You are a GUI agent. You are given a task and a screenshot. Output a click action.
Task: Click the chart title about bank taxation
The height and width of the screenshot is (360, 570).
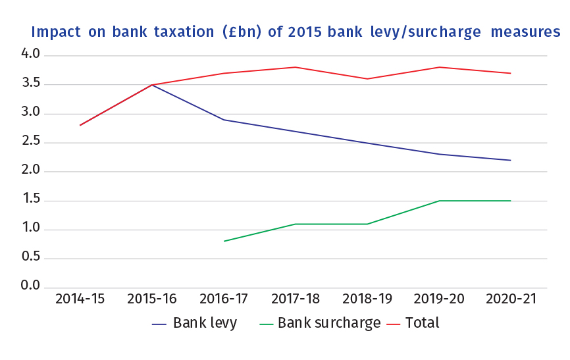tap(296, 32)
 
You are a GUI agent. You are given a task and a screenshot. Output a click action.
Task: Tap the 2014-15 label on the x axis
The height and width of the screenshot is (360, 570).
tap(80, 299)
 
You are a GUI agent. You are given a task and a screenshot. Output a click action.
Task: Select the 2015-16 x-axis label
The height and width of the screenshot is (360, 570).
tap(152, 299)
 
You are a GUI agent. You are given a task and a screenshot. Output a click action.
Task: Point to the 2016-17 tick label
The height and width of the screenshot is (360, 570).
tap(224, 299)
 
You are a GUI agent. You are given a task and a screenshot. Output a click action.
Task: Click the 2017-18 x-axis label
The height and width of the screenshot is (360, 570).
tap(296, 299)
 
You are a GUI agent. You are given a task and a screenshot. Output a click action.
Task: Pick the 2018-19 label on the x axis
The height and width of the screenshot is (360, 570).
tap(367, 299)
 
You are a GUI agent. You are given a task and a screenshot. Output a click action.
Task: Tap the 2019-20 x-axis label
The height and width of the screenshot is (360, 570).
tap(439, 299)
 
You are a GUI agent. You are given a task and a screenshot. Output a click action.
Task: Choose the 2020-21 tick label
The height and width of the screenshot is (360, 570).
tap(511, 299)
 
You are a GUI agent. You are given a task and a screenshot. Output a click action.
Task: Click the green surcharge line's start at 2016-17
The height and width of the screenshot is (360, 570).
tap(224, 241)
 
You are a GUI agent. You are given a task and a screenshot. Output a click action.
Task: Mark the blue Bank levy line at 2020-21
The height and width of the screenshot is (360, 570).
tap(511, 160)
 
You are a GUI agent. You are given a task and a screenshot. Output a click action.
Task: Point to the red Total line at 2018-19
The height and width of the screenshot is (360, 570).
tap(367, 79)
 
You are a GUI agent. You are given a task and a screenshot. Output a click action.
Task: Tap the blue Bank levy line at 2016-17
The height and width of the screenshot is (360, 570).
tap(224, 120)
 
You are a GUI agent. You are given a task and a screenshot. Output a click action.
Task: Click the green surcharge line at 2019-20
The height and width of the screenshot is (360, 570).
tap(439, 201)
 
